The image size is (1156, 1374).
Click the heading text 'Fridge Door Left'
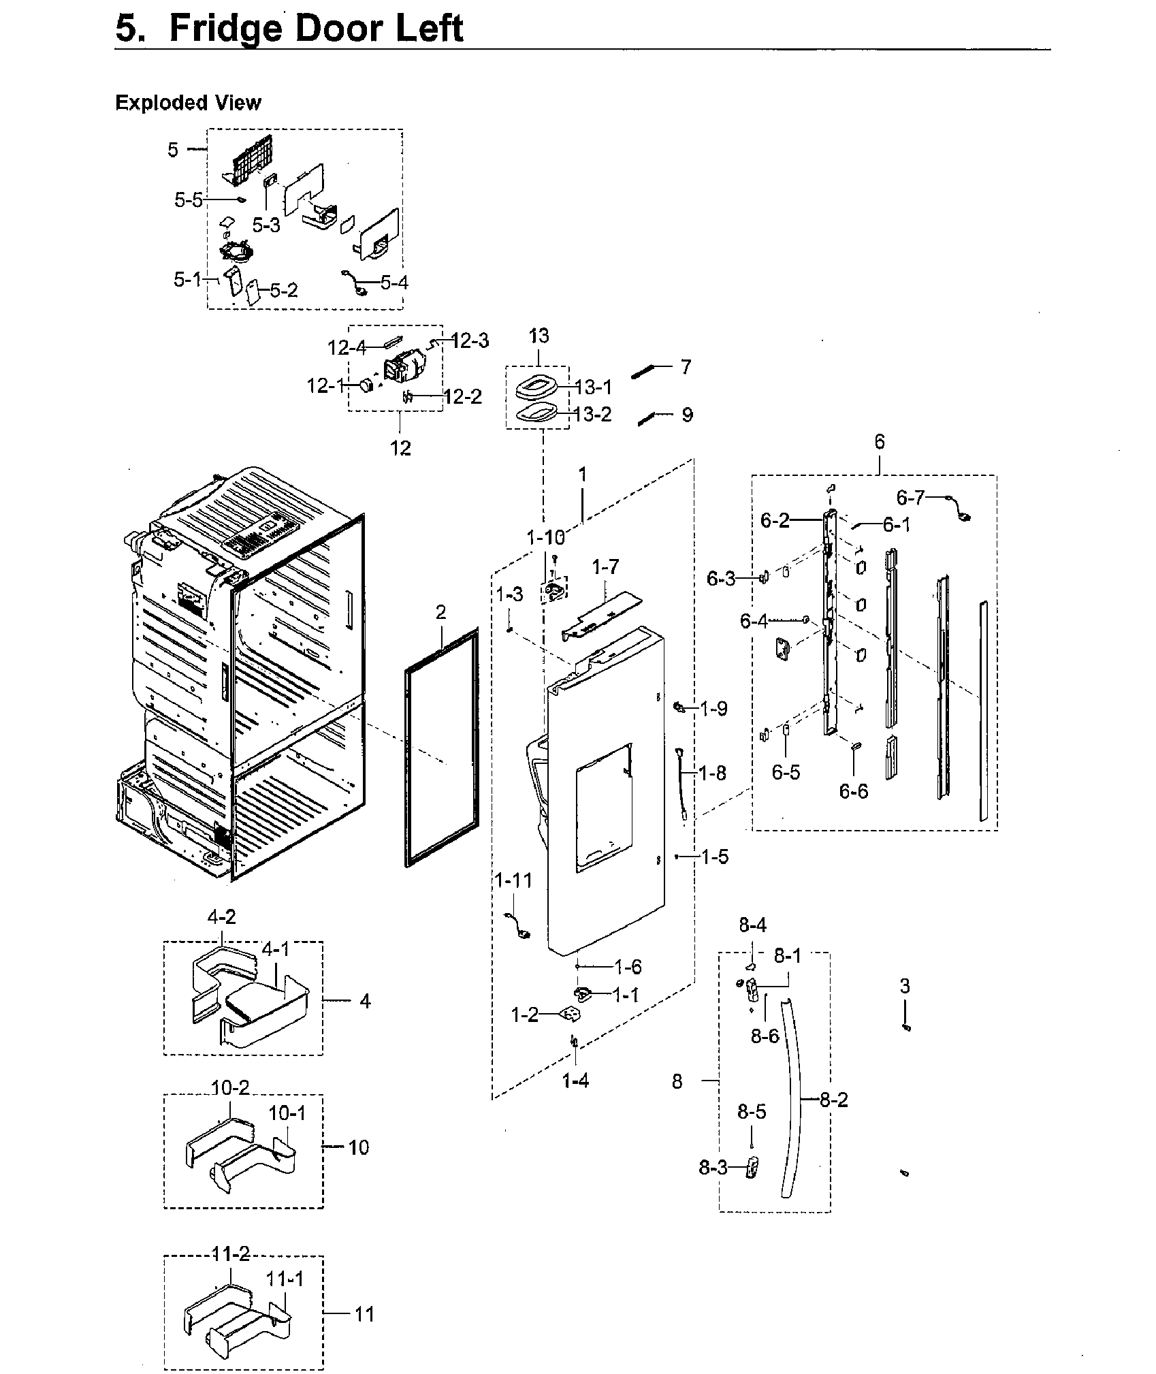[316, 29]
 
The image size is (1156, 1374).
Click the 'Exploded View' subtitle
[188, 103]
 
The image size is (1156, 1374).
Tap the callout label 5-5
[188, 199]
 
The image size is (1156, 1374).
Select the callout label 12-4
[347, 348]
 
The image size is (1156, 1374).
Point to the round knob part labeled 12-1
[368, 386]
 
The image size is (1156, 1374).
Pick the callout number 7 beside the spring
[686, 367]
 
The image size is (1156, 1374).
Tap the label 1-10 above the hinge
[545, 537]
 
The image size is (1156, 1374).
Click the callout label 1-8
[712, 773]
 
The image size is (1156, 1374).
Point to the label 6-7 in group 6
[910, 498]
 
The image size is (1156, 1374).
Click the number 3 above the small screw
[905, 985]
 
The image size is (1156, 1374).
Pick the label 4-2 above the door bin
[221, 917]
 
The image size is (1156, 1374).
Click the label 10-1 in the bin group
[287, 1113]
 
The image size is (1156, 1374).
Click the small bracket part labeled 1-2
[570, 1014]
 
